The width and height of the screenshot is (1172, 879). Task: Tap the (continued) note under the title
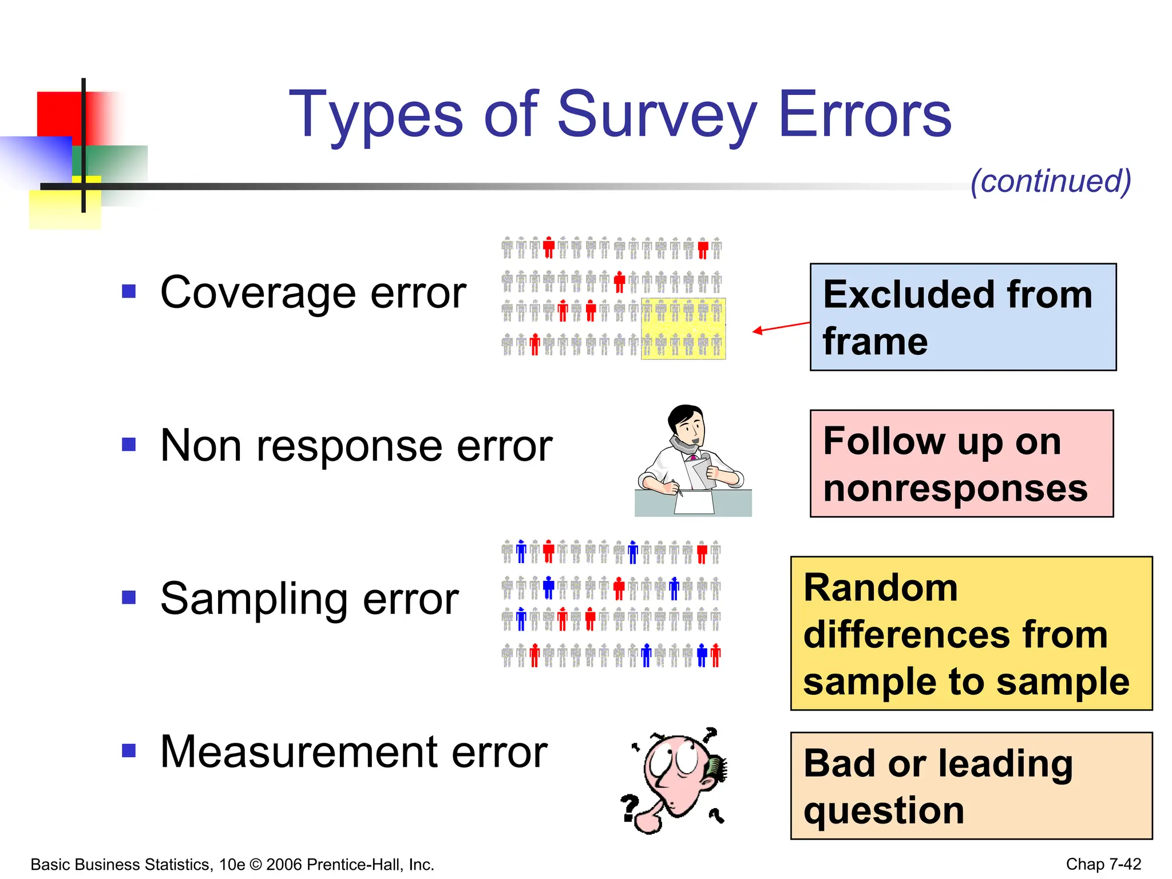pyautogui.click(x=1051, y=181)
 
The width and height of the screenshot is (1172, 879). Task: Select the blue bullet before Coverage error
pyautogui.click(x=129, y=292)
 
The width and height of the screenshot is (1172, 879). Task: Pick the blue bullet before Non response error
pyautogui.click(x=129, y=445)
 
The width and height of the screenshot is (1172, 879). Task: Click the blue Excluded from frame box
pyautogui.click(x=963, y=317)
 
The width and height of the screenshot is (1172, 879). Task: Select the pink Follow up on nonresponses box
pyautogui.click(x=961, y=464)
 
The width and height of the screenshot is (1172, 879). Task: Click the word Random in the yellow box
pyautogui.click(x=880, y=588)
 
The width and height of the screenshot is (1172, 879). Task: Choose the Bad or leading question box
pyautogui.click(x=971, y=786)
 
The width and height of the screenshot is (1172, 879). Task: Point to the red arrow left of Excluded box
pyautogui.click(x=781, y=327)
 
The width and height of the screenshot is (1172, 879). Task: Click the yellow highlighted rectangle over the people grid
pyautogui.click(x=683, y=328)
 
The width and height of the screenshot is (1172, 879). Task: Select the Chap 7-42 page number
pyautogui.click(x=1103, y=864)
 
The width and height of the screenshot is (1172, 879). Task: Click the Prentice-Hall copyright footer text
pyautogui.click(x=232, y=864)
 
